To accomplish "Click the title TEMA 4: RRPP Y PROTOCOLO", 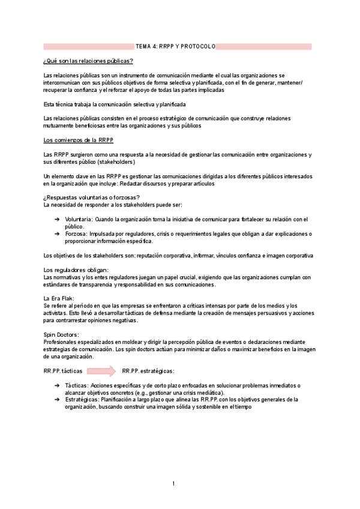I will pyautogui.click(x=175, y=46).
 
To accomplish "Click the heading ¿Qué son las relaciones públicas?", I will pyautogui.click(x=88, y=61).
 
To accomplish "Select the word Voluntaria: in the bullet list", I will pyautogui.click(x=79, y=219).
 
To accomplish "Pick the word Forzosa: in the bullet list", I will pyautogui.click(x=76, y=233).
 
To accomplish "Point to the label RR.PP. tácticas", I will pyautogui.click(x=63, y=371).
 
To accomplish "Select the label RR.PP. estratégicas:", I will pyautogui.click(x=148, y=371).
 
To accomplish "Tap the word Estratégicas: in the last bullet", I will pyautogui.click(x=82, y=399).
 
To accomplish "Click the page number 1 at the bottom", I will pyautogui.click(x=173, y=483).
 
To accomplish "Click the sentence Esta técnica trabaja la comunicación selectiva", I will pyautogui.click(x=114, y=104).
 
